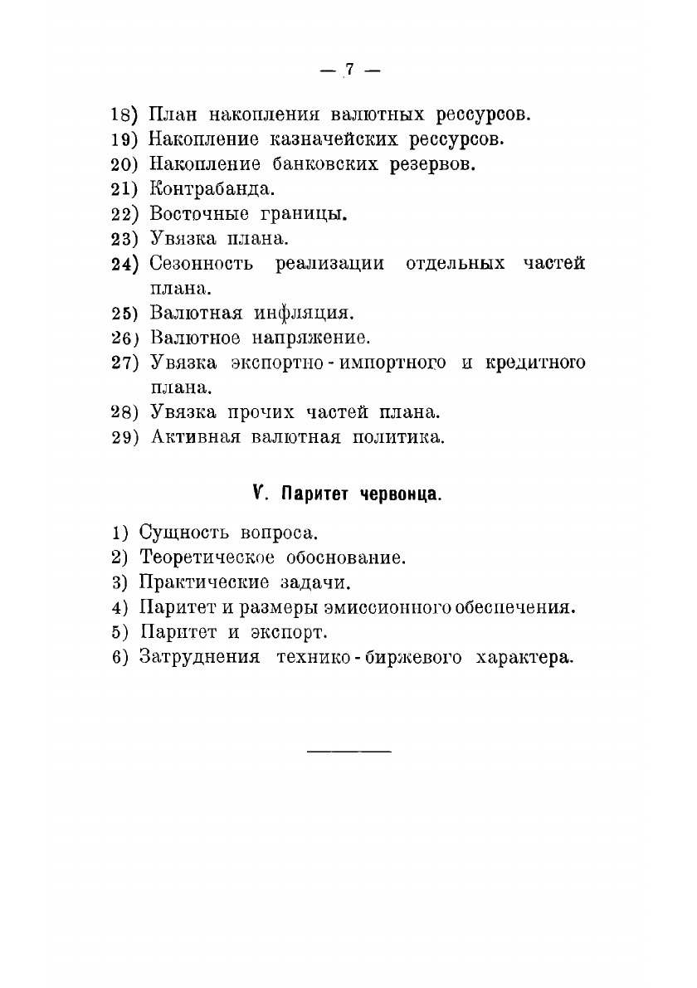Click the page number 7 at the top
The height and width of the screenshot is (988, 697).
(349, 71)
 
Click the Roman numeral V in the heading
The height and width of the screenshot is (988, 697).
(259, 494)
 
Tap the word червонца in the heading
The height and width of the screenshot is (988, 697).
(399, 495)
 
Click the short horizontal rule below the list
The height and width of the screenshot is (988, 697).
(348, 752)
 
